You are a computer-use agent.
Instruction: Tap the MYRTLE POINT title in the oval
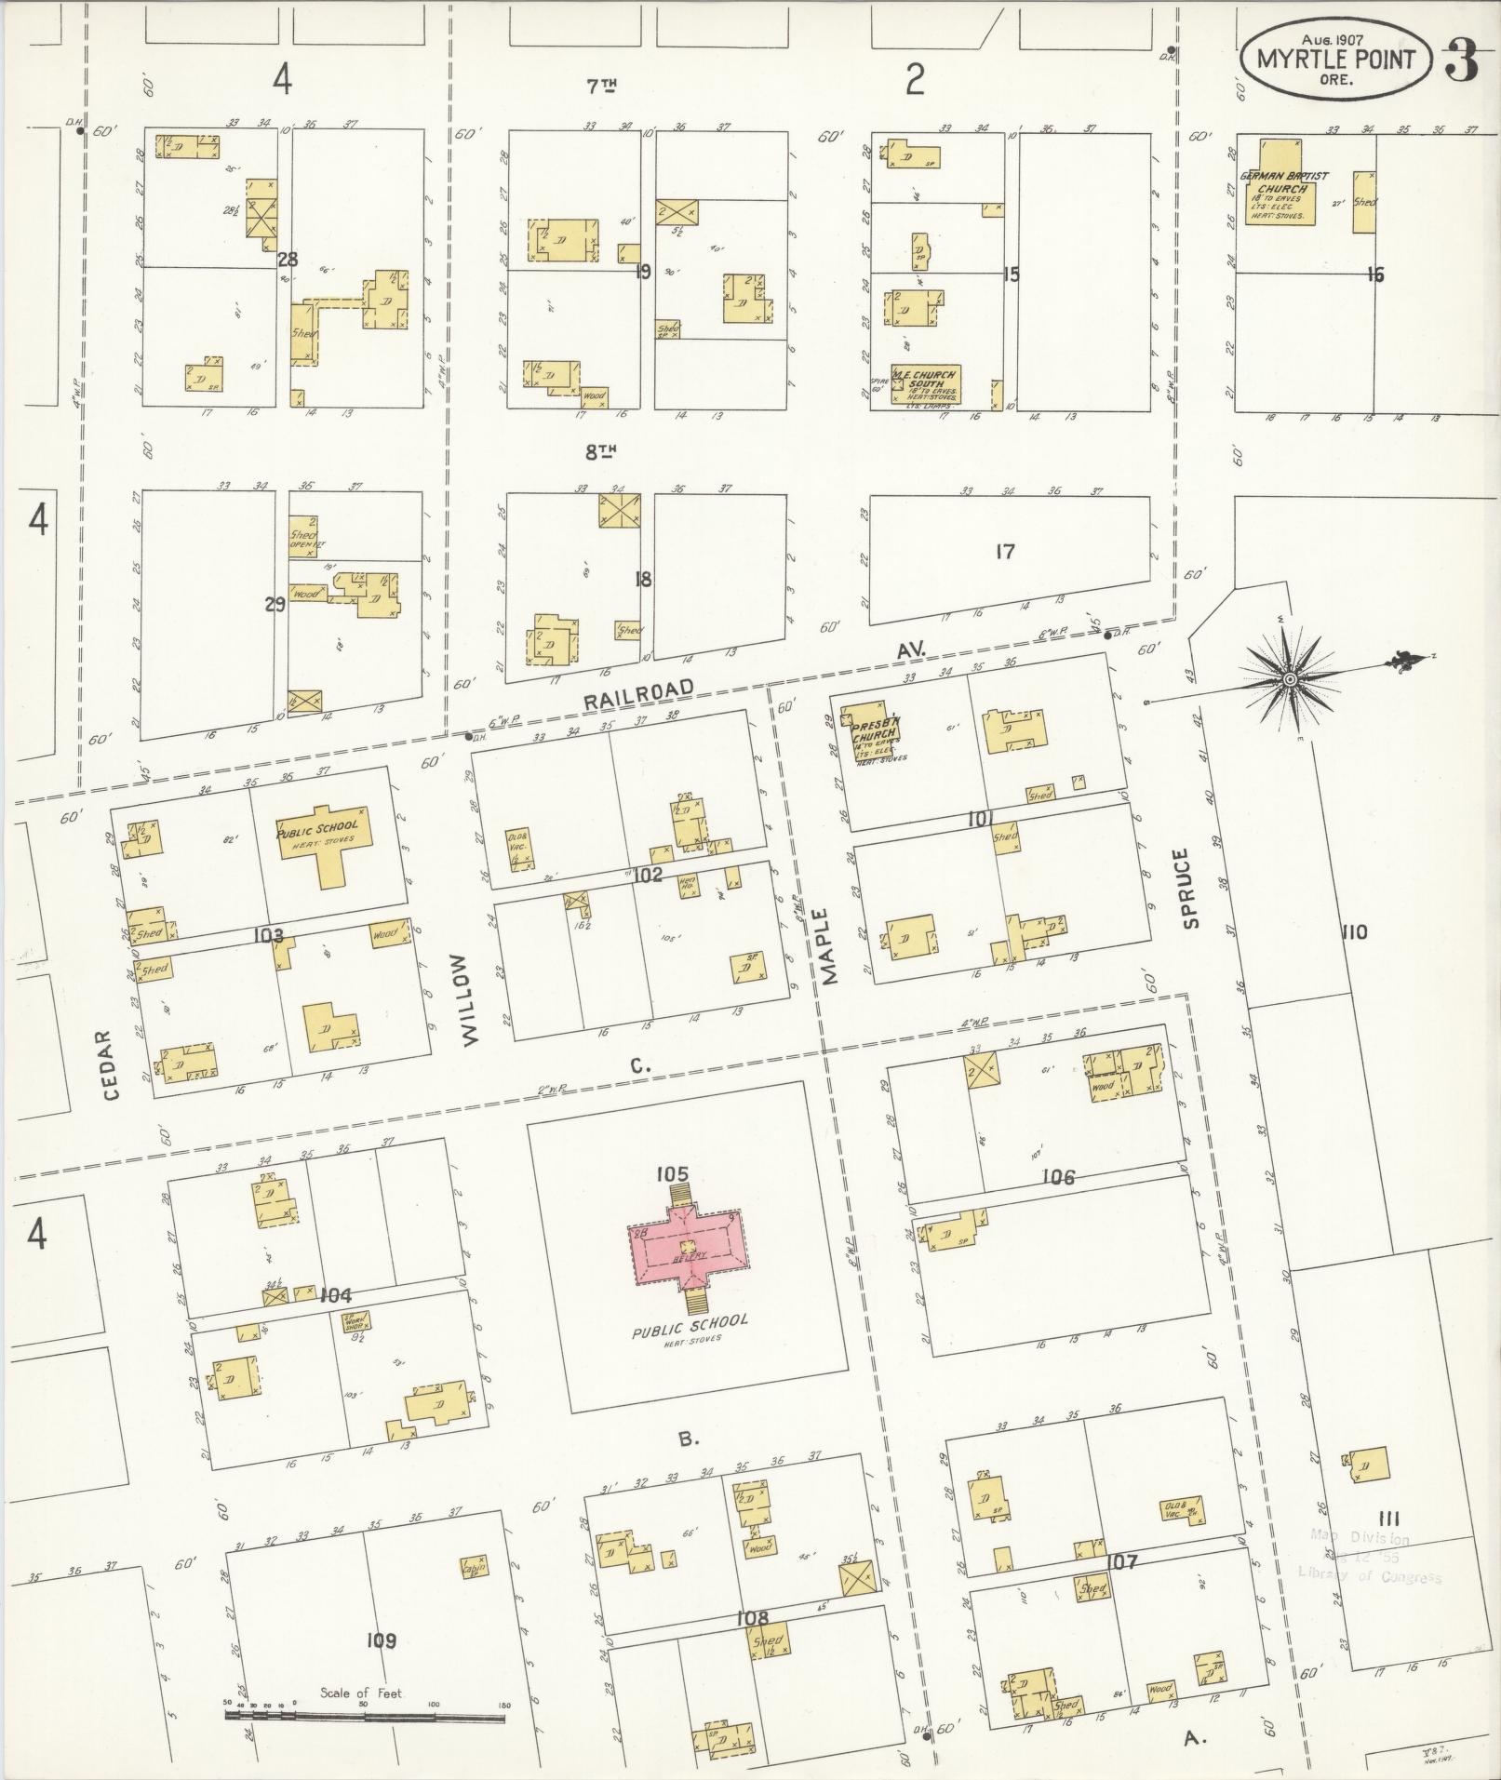[1335, 60]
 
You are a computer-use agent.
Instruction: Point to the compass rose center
[1290, 680]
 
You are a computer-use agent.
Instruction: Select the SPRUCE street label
[1191, 888]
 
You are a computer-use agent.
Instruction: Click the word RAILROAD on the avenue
[638, 693]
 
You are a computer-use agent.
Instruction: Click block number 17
[1004, 552]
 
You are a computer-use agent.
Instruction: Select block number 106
[1058, 1177]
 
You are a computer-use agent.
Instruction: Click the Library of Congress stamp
[1369, 1557]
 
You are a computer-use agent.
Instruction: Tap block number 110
[1354, 931]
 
